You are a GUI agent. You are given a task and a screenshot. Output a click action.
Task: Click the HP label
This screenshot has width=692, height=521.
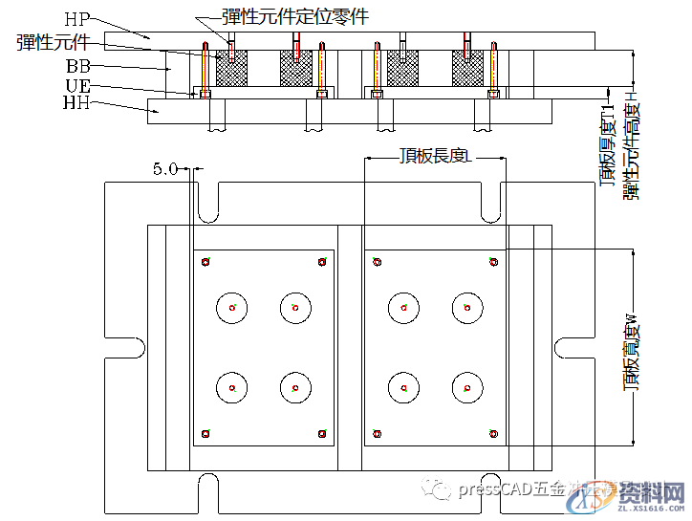tap(77, 18)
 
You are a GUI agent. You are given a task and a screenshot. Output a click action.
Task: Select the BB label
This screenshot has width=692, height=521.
tap(78, 66)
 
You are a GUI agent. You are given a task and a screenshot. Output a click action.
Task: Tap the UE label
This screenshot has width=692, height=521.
tap(77, 85)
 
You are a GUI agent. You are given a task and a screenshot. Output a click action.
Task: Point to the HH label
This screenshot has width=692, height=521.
tap(76, 101)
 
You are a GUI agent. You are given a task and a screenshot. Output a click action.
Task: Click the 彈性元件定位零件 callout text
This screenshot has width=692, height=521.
tap(293, 16)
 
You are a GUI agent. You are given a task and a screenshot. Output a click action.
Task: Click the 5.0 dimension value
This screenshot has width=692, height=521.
tap(164, 169)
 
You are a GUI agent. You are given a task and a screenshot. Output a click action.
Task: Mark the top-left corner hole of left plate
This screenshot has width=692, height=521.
tap(205, 261)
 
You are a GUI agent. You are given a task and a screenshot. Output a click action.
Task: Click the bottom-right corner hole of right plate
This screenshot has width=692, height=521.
tap(493, 433)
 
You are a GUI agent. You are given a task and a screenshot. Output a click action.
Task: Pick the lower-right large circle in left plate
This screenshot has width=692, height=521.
tap(295, 388)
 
